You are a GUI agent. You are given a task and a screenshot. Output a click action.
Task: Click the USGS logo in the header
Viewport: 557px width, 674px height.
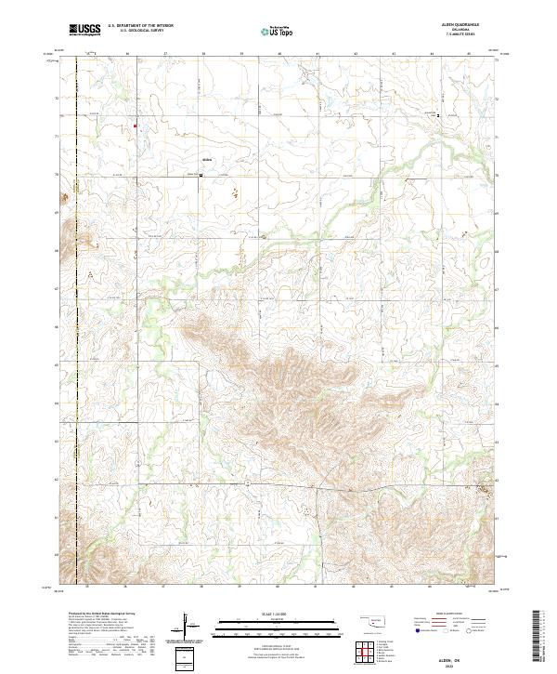click(x=85, y=30)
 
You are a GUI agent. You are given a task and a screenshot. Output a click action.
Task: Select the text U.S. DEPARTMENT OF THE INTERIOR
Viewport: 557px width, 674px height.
click(x=140, y=26)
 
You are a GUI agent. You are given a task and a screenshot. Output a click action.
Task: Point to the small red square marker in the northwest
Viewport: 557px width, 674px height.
click(x=135, y=126)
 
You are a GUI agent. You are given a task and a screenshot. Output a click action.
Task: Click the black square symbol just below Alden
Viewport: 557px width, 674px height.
click(x=201, y=173)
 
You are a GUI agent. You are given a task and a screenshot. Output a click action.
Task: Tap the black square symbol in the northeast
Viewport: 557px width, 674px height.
click(x=438, y=116)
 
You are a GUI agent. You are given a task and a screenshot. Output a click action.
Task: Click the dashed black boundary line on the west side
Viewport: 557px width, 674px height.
click(x=76, y=325)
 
